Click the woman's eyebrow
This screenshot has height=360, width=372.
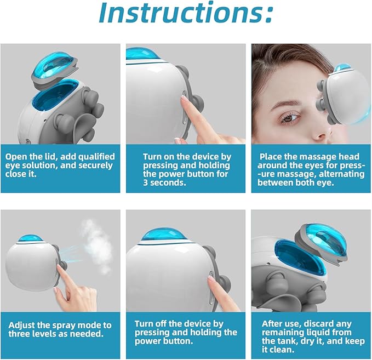[289, 101]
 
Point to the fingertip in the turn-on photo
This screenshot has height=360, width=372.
[185, 100]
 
